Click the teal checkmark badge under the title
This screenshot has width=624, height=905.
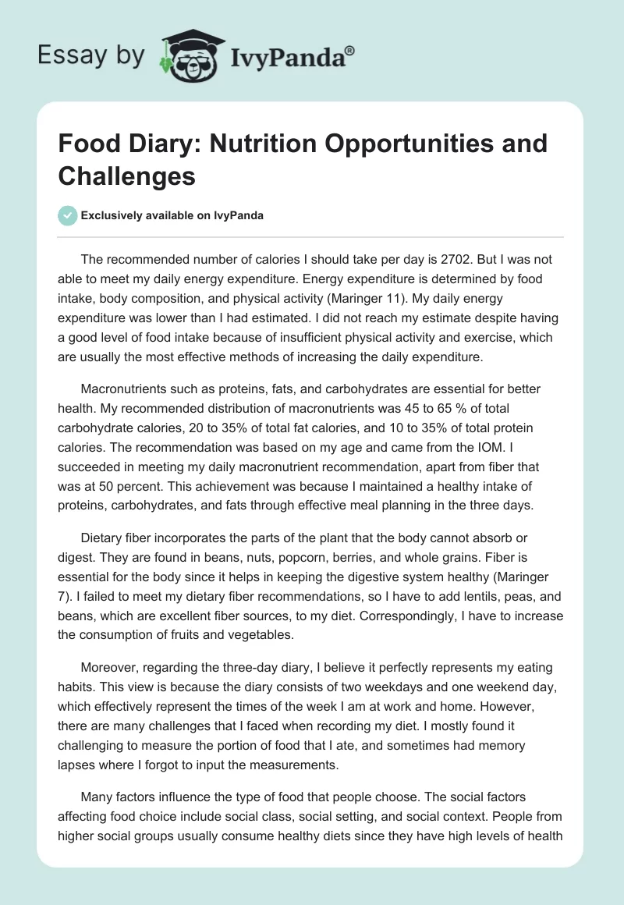(69, 215)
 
